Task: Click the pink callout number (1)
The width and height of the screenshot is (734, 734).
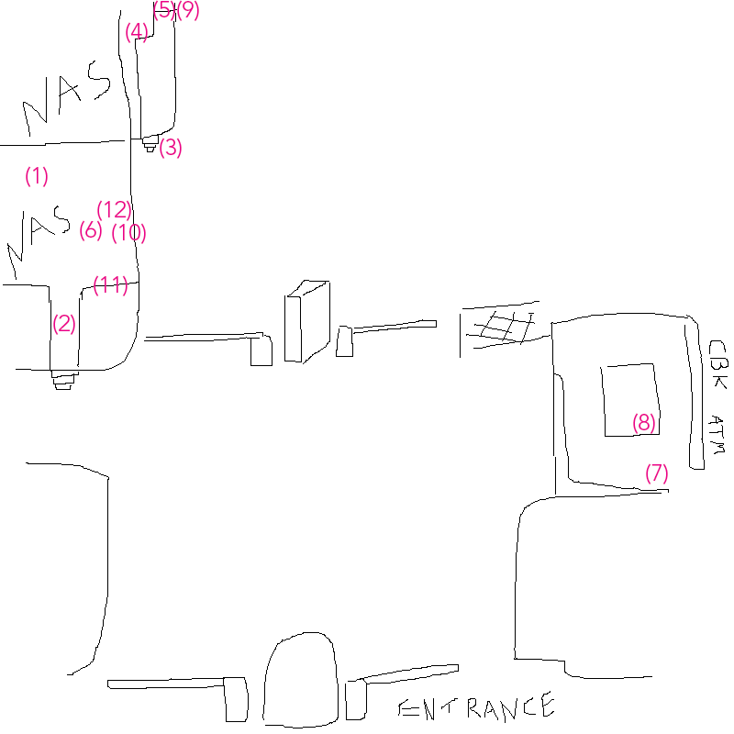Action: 36,176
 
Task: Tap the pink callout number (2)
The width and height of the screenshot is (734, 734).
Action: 63,323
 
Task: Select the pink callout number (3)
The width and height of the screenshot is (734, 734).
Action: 171,148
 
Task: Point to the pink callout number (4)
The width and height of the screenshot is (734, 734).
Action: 137,33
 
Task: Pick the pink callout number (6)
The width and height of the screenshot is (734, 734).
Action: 90,230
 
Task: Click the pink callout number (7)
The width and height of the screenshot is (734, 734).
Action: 657,473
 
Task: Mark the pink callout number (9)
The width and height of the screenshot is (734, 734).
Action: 188,10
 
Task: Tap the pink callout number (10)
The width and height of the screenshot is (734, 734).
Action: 128,233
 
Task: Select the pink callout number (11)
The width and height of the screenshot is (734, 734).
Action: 110,285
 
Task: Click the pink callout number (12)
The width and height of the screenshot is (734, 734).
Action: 115,209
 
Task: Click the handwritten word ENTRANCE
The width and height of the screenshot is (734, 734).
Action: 475,707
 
